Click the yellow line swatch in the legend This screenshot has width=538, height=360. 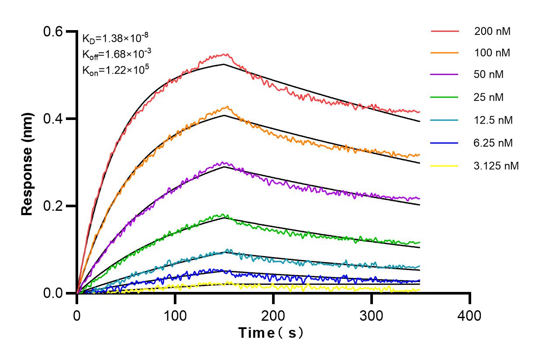click(445, 166)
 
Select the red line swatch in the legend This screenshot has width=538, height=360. click(445, 31)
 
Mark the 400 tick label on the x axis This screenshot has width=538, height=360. click(470, 315)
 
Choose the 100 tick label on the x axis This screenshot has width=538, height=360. click(175, 315)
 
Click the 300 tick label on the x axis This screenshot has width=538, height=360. click(372, 315)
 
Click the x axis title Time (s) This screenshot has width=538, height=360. click(270, 333)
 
